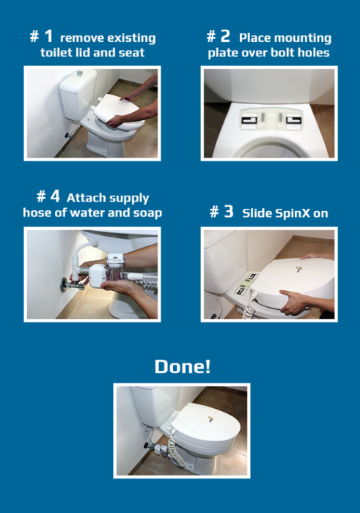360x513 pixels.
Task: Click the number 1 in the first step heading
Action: coord(49,36)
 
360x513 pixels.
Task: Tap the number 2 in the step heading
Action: coord(225,36)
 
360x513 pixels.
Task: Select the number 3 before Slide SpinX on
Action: coord(229,211)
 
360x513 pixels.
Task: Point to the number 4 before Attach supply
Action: coord(55,196)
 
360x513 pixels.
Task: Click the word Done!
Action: coord(183,366)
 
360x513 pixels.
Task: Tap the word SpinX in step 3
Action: coord(293,213)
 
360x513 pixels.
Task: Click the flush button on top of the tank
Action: coord(80,73)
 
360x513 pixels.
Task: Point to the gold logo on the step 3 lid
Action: coord(299,269)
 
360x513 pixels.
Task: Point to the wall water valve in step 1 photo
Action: coord(69,135)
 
